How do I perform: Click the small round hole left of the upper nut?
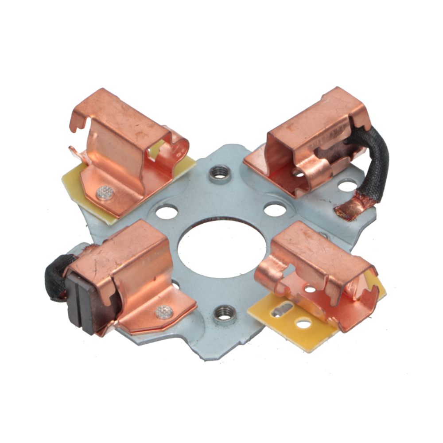(x=167, y=211)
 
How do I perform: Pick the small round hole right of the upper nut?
(x=275, y=209)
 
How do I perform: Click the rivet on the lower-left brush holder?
(x=164, y=312)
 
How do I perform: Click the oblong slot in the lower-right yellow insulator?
(x=281, y=310)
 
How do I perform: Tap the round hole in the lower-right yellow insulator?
(x=303, y=323)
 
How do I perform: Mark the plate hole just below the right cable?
(x=347, y=185)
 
